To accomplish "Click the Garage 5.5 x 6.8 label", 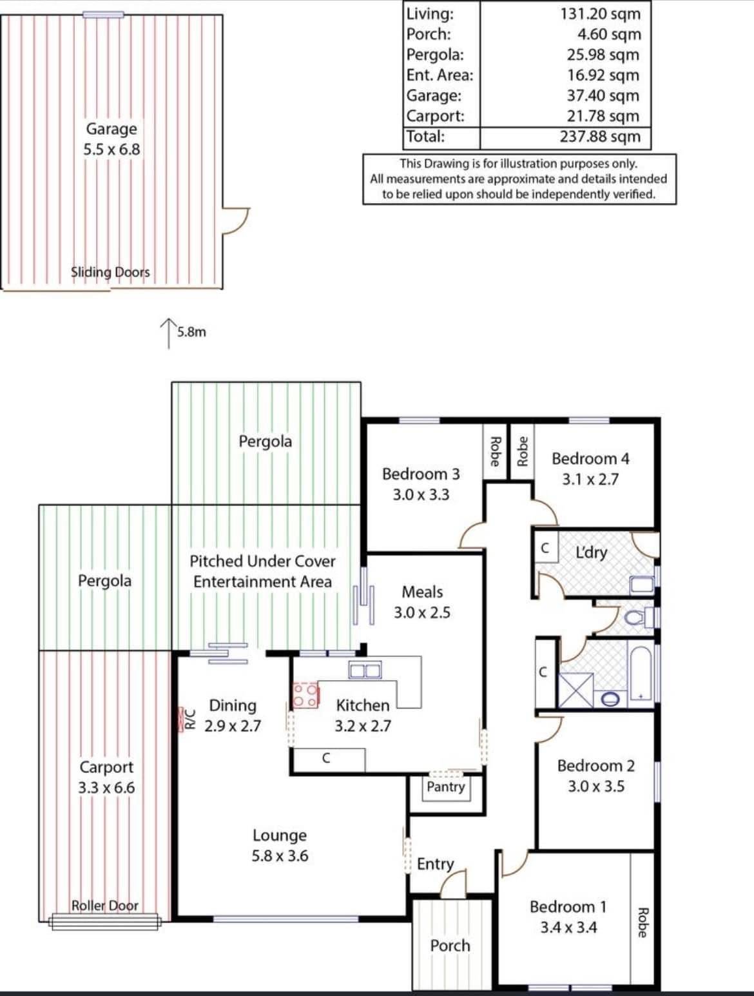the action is click(111, 139).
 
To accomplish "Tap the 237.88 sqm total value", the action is click(600, 137).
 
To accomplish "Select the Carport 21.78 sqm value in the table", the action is click(603, 116).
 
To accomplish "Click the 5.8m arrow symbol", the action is click(169, 333).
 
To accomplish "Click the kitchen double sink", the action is click(365, 670).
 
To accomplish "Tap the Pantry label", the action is click(446, 786).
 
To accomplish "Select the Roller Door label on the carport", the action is click(105, 906).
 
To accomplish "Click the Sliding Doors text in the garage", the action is click(110, 272).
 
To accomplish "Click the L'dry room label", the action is click(591, 552).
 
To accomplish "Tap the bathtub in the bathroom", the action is click(641, 674).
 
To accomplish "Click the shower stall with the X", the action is click(576, 690).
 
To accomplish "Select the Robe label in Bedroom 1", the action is click(643, 923).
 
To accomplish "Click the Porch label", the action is click(450, 946).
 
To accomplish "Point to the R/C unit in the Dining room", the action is click(180, 719).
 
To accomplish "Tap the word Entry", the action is click(435, 864).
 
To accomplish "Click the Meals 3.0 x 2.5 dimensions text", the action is click(422, 613).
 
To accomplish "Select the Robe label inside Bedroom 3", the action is click(495, 451).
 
